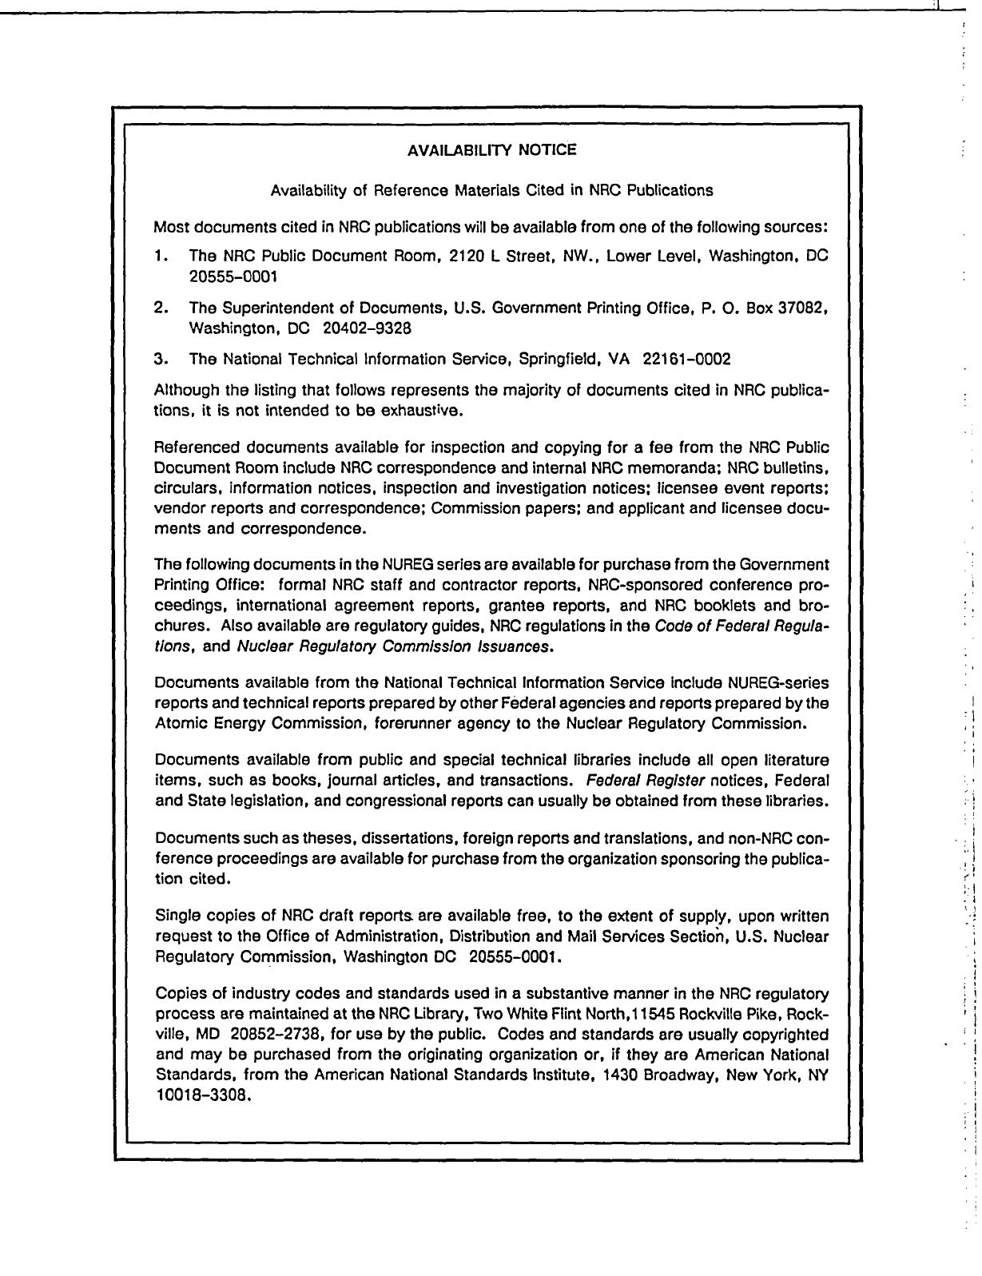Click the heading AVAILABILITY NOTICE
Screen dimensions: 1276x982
point(491,150)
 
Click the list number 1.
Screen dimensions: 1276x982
point(161,256)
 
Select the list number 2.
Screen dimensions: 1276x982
point(161,308)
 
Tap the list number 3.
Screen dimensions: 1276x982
point(161,360)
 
